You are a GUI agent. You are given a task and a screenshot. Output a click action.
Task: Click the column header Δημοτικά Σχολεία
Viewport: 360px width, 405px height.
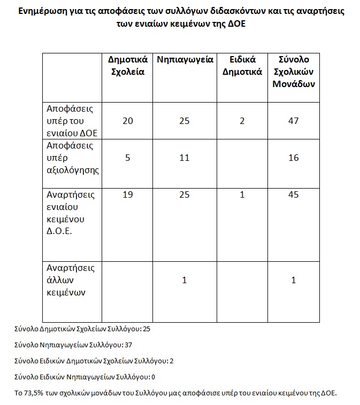coord(128,66)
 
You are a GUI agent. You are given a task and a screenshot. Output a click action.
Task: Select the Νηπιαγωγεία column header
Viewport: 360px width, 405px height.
coord(185,59)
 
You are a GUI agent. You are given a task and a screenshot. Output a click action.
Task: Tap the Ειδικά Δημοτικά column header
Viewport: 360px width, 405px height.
coord(242,66)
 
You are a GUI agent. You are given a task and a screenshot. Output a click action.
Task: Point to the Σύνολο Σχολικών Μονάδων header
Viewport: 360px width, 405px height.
coord(294,72)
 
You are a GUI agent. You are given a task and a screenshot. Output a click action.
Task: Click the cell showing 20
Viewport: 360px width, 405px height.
coord(128,121)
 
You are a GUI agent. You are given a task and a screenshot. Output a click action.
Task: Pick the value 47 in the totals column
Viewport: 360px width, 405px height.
coord(293,121)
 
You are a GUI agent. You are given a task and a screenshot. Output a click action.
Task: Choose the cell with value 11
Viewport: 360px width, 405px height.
coord(185,158)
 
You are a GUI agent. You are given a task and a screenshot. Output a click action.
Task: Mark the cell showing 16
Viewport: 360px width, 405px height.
coord(293,158)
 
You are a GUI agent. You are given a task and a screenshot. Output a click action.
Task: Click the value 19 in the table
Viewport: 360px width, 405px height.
coord(128,195)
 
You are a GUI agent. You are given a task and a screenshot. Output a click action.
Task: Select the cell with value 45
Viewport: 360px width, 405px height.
coord(293,195)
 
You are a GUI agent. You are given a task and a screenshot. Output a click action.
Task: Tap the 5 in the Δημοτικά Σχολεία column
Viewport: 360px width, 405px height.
coord(128,158)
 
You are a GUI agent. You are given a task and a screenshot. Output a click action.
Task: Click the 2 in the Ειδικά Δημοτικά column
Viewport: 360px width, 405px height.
coord(242,121)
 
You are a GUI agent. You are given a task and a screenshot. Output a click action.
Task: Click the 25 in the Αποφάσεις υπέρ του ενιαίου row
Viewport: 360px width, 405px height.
coord(185,121)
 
